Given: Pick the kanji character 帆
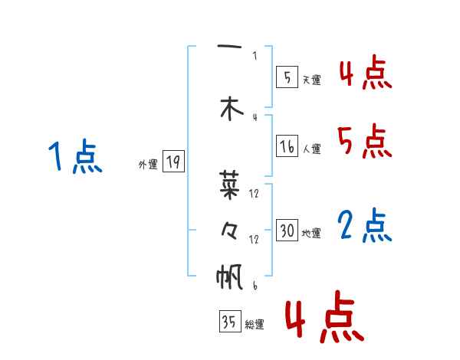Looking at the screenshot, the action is [229, 276].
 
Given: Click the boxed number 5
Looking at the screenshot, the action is [286, 77].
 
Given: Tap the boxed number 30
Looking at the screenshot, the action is [287, 231].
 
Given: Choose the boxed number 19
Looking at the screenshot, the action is [173, 162].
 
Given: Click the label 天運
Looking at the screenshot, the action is [311, 80].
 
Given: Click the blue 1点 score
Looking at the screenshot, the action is [74, 158].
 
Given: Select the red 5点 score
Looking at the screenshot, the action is [365, 141].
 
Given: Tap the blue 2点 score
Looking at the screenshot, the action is [365, 226].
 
